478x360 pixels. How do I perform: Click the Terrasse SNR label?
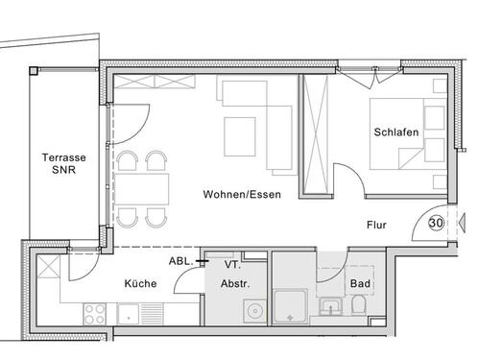click(x=60, y=165)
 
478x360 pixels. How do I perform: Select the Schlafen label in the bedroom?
click(x=395, y=133)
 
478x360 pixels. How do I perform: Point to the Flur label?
click(x=378, y=228)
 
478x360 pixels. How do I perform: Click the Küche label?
click(x=140, y=284)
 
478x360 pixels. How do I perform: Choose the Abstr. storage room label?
click(x=237, y=284)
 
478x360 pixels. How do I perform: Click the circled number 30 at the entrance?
click(x=436, y=224)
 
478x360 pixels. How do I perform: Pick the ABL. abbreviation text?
click(x=181, y=260)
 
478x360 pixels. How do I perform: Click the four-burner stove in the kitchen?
click(x=96, y=313)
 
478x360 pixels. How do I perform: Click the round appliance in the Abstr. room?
click(x=254, y=310)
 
